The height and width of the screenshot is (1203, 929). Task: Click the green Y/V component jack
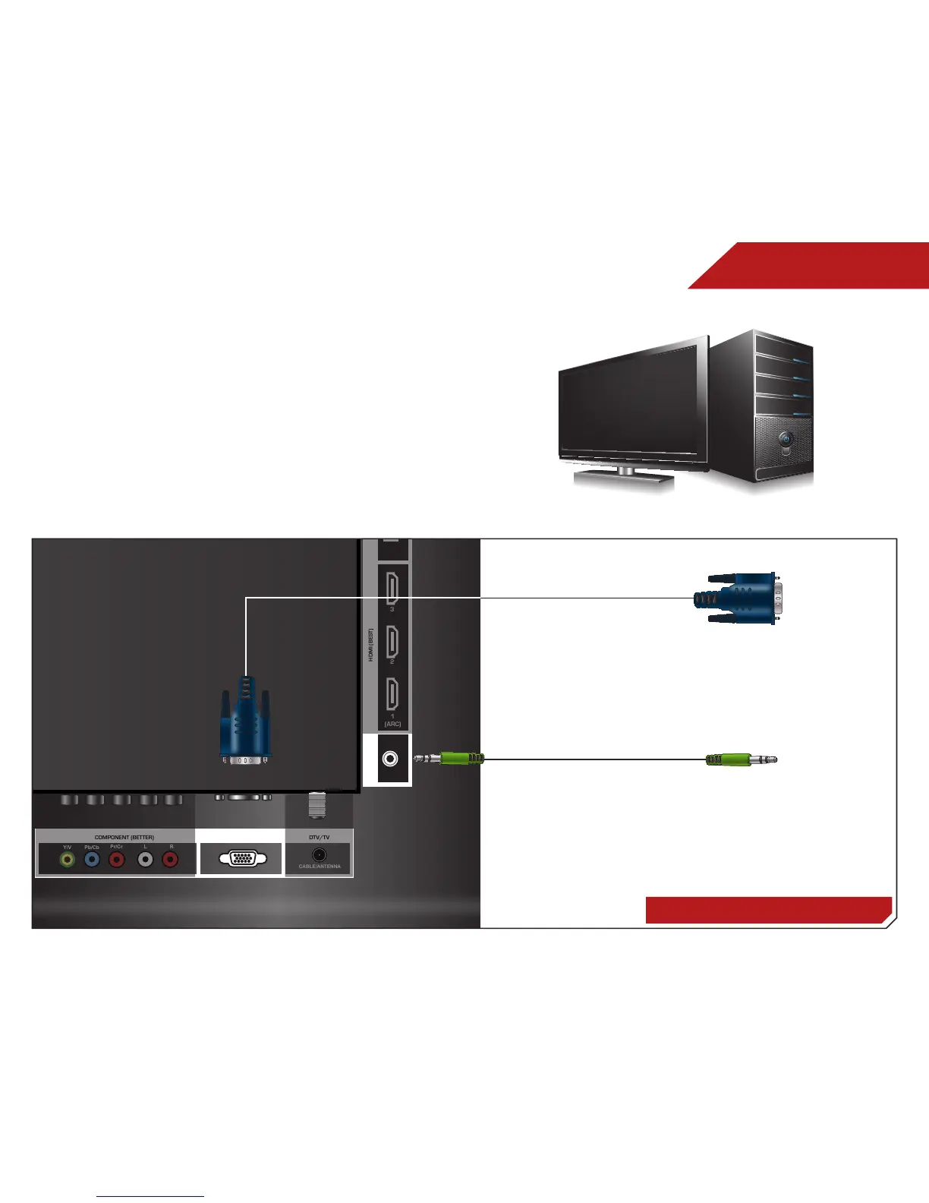point(68,860)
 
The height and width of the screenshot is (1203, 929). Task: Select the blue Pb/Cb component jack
point(92,860)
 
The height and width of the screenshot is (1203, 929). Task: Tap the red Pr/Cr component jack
point(117,860)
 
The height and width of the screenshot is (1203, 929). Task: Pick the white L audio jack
point(145,860)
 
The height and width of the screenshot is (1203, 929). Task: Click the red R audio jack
point(171,860)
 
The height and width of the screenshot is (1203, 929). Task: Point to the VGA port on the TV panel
point(242,859)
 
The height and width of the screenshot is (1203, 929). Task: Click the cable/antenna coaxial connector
point(320,854)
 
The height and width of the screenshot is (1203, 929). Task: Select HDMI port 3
point(392,588)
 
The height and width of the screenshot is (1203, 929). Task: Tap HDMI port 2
point(392,641)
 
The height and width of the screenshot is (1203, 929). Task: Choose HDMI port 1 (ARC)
point(392,694)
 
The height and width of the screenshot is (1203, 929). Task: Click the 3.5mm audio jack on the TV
point(390,759)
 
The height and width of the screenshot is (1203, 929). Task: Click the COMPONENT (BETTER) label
point(124,837)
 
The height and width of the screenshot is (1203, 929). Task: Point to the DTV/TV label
point(320,837)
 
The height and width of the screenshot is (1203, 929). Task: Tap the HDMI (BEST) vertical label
point(371,644)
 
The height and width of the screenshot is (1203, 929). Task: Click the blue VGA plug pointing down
point(244,721)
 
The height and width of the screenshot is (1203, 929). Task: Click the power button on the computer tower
point(785,438)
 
